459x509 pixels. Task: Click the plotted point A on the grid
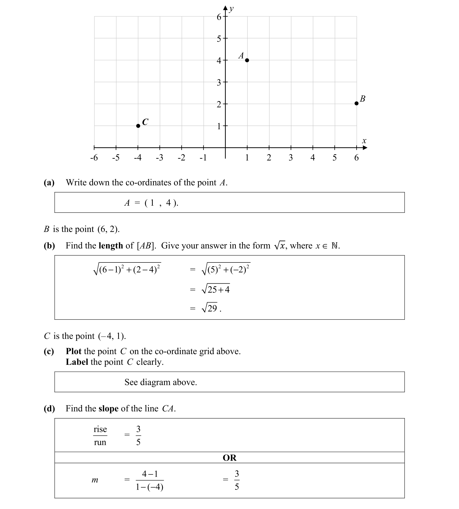[247, 60]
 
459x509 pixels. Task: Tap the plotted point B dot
[356, 103]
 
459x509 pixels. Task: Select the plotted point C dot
[138, 126]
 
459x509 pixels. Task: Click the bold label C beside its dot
[145, 122]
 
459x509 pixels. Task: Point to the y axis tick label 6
[219, 17]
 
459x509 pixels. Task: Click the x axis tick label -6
[94, 158]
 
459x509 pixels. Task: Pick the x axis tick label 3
[291, 158]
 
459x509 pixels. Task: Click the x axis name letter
[364, 141]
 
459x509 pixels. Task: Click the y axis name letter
[231, 9]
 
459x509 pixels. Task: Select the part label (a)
[49, 182]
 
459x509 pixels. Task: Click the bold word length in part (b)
[111, 246]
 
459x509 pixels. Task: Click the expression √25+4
[216, 289]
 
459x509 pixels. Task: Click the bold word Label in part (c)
[77, 362]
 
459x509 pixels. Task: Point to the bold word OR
[229, 458]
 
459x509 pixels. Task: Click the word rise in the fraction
[100, 429]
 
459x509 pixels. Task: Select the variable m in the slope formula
[95, 480]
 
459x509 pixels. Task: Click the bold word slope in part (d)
[108, 408]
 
